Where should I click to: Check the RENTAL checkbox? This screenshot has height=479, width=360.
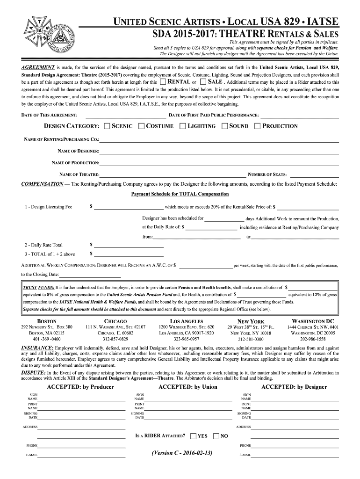(162, 82)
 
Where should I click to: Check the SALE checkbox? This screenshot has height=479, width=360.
(203, 82)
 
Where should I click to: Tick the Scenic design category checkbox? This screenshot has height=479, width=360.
(107, 126)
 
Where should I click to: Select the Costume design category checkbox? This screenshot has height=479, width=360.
(142, 126)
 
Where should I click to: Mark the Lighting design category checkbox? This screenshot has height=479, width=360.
(183, 126)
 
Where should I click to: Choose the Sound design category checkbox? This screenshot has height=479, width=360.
(224, 126)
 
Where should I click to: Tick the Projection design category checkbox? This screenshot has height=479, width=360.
(257, 126)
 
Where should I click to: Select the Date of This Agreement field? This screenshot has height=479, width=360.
(125, 116)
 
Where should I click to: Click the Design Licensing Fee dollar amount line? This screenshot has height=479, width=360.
(129, 207)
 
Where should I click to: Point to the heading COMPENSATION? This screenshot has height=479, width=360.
(43, 184)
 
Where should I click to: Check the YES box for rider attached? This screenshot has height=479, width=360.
(193, 436)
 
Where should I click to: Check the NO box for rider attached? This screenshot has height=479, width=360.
(216, 436)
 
